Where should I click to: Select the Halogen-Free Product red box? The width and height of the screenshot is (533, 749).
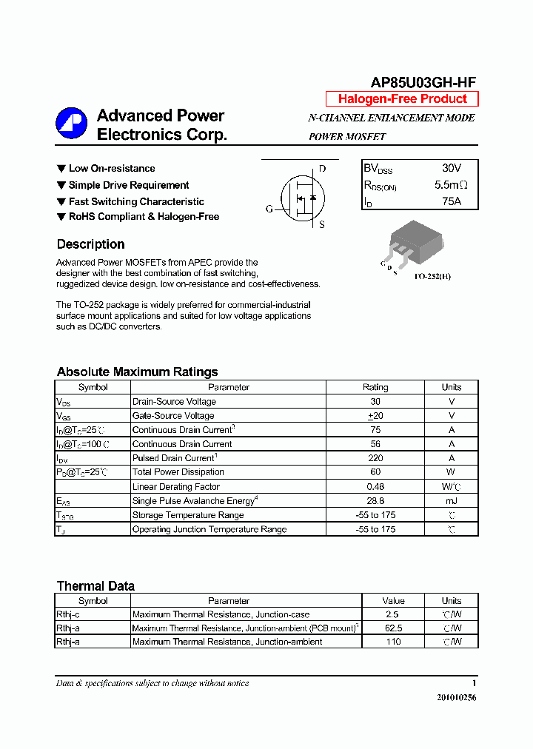point(402,99)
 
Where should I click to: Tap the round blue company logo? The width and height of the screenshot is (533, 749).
point(71,124)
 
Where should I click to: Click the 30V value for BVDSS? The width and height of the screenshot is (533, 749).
point(451,169)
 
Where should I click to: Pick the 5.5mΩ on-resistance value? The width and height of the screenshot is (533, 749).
point(451,185)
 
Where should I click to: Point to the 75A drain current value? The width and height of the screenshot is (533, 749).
point(451,201)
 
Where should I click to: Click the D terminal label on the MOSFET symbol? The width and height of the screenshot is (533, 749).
point(322,169)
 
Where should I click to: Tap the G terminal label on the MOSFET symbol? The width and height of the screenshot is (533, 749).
point(269,209)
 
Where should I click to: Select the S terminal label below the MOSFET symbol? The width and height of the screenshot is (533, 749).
point(322,225)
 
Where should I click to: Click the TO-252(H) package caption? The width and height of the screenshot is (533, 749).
point(432,276)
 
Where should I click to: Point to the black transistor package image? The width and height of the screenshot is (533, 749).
point(415,242)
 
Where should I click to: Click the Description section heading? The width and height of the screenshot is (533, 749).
point(90,244)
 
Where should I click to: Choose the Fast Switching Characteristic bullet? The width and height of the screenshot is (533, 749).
point(136,201)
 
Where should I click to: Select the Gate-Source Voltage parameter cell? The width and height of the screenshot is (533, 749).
point(173,416)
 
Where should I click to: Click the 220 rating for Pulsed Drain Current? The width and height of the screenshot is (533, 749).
point(375,458)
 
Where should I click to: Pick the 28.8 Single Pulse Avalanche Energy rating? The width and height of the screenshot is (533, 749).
point(375,501)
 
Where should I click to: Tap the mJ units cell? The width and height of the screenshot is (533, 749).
point(451,501)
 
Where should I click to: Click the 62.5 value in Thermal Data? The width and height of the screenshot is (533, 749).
point(393,628)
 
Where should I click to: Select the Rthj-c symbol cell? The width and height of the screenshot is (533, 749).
point(69,614)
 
